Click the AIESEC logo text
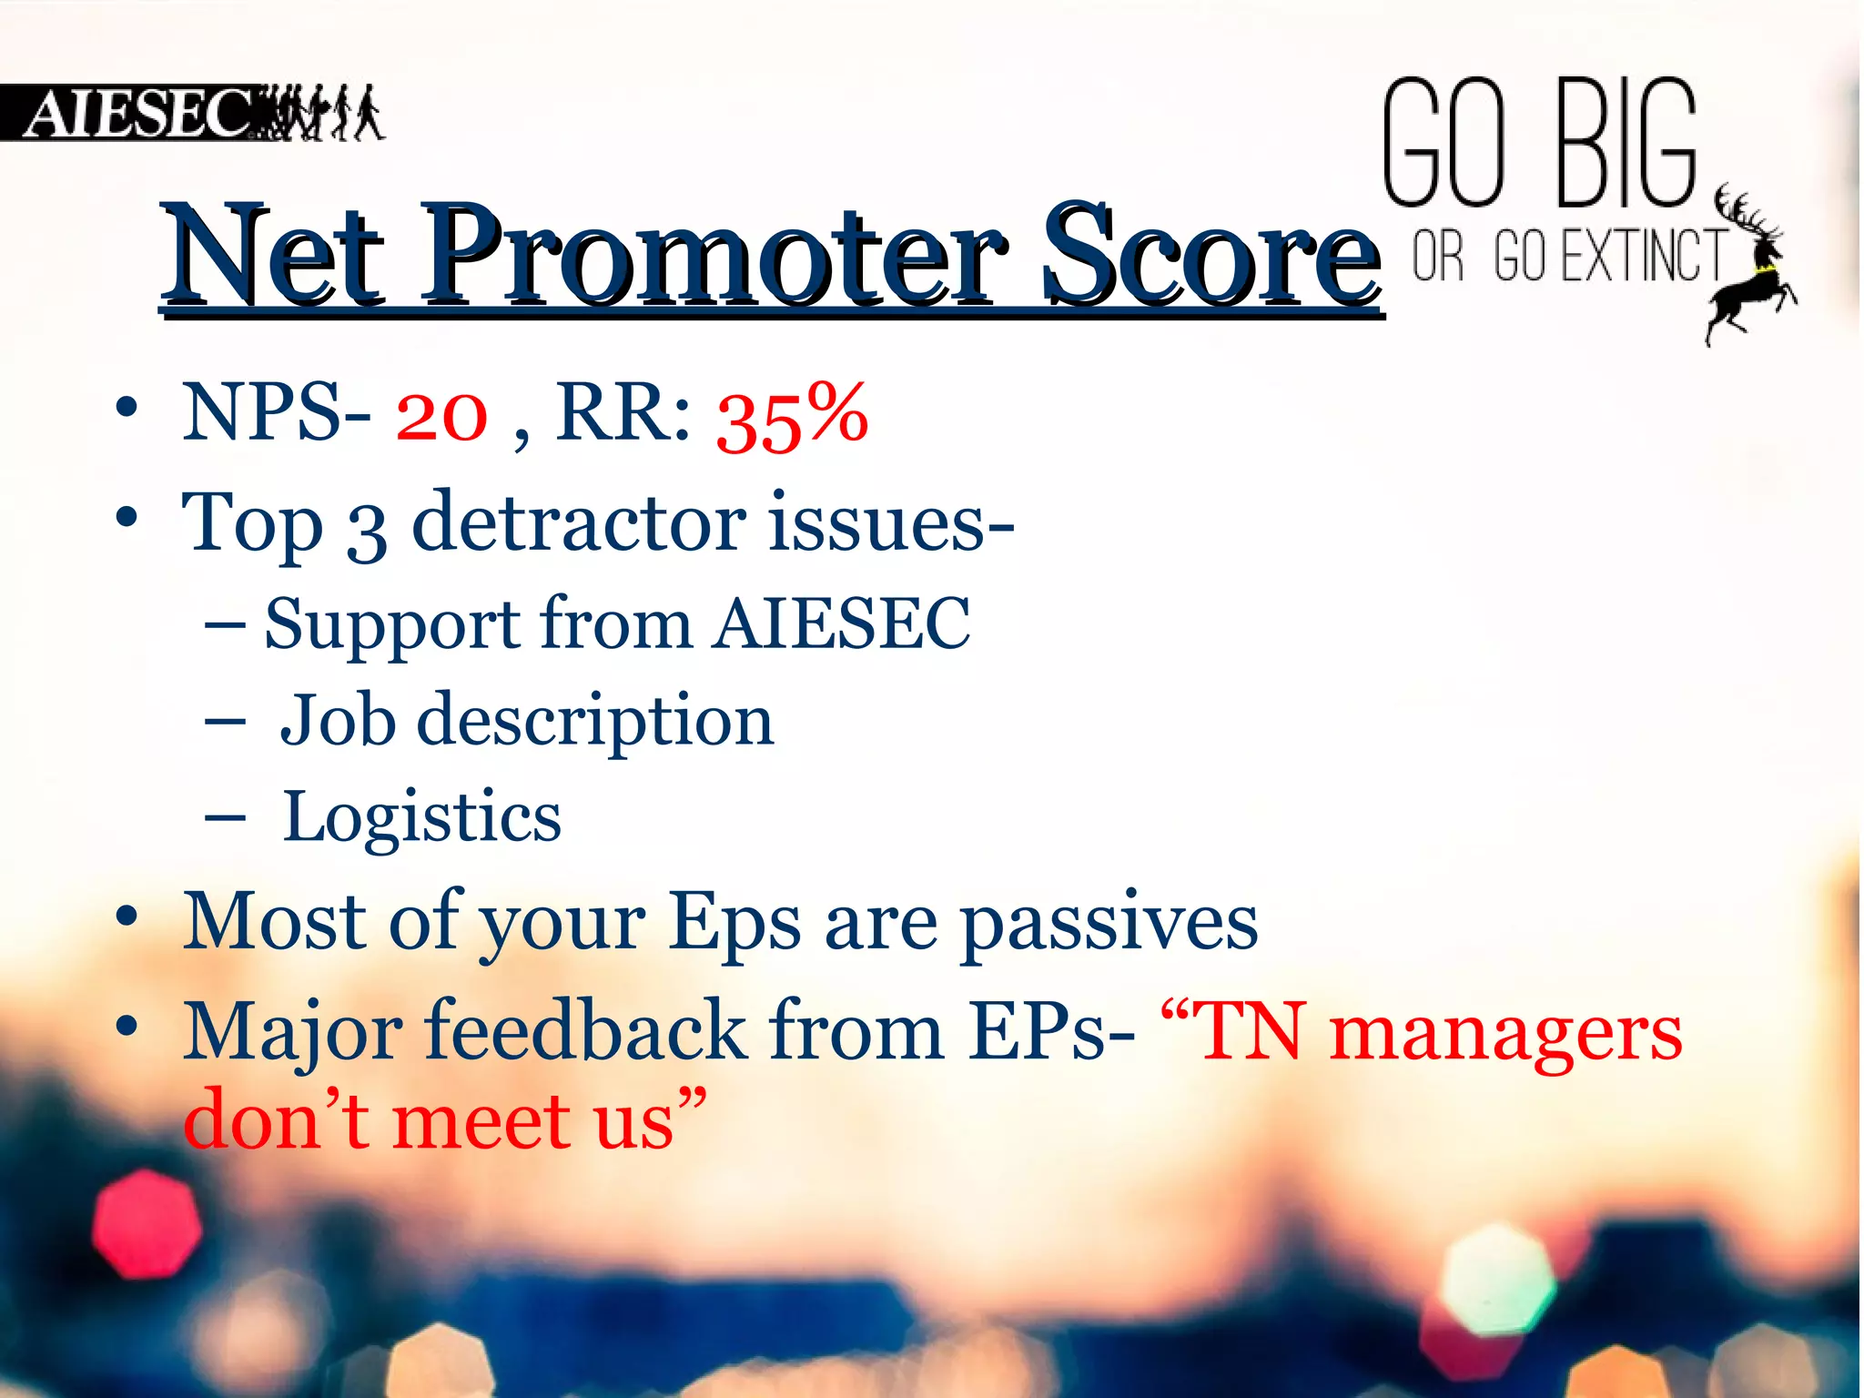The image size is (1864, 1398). click(137, 113)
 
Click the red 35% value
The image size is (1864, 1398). click(792, 416)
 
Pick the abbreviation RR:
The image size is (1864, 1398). click(623, 414)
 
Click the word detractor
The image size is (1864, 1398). click(579, 523)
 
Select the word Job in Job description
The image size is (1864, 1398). click(338, 720)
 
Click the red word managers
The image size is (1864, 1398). click(1505, 1033)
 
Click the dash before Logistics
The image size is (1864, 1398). click(225, 817)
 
